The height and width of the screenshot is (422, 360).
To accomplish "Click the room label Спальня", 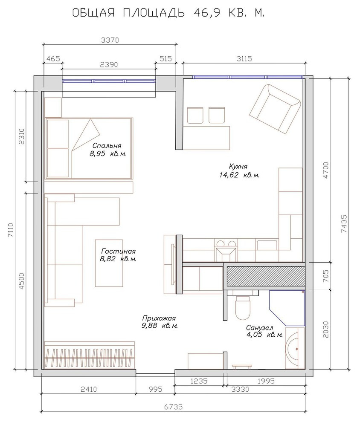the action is pyautogui.click(x=107, y=146).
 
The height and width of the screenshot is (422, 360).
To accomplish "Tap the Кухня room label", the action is pyautogui.click(x=238, y=166).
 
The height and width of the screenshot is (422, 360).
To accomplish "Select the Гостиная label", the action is pyautogui.click(x=118, y=251).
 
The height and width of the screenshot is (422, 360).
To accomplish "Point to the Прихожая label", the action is pyautogui.click(x=159, y=318).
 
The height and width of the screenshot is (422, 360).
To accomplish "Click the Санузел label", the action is pyautogui.click(x=260, y=328).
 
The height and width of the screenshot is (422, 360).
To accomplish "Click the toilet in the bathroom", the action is pyautogui.click(x=243, y=306).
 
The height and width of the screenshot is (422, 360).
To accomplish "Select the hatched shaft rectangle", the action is pyautogui.click(x=265, y=276).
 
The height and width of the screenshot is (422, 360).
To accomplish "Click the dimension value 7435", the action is pyautogui.click(x=344, y=224).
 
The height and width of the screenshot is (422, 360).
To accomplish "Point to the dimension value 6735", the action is pyautogui.click(x=174, y=407).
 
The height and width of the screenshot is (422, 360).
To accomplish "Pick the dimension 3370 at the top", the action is pyautogui.click(x=110, y=40).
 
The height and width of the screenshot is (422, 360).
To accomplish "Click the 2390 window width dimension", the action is pyautogui.click(x=109, y=65).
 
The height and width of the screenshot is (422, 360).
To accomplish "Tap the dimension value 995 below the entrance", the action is pyautogui.click(x=155, y=389).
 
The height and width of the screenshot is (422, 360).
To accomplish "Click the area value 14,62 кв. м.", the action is pyautogui.click(x=239, y=175).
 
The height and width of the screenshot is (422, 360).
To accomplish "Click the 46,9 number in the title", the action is pyautogui.click(x=207, y=13).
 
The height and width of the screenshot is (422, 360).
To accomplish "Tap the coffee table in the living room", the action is pyautogui.click(x=109, y=263).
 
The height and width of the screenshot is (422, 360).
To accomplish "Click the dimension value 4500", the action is pyautogui.click(x=22, y=281).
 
